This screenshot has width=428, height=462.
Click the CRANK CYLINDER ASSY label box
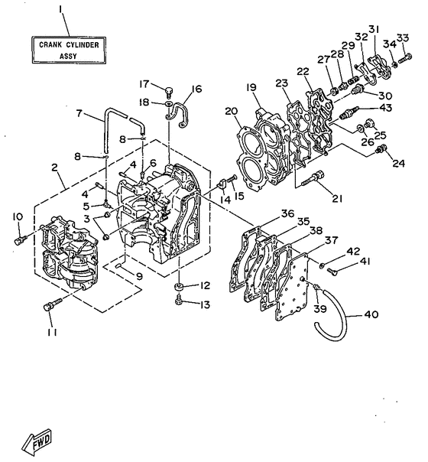[x=68, y=50]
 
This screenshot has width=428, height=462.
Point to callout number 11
[x=51, y=333]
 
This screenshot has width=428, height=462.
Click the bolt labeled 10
[x=19, y=239]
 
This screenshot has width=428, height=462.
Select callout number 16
[x=196, y=89]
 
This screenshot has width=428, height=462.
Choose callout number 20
[x=229, y=112]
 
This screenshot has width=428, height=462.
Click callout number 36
[x=287, y=213]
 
